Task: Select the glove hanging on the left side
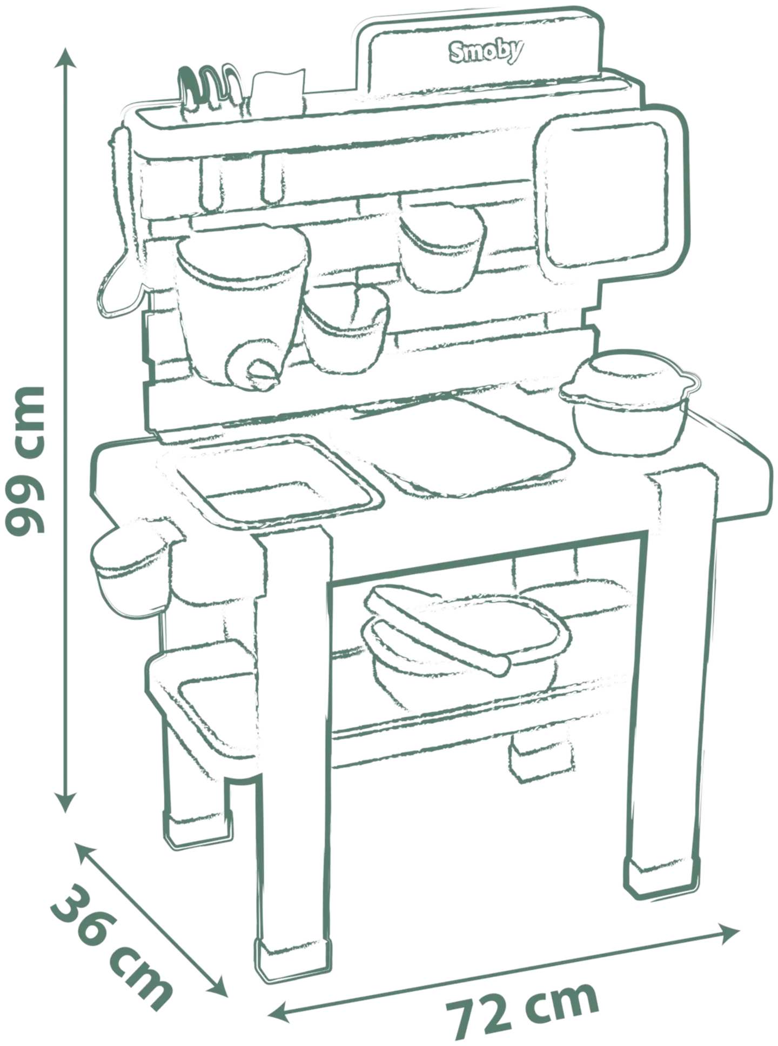(122, 243)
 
